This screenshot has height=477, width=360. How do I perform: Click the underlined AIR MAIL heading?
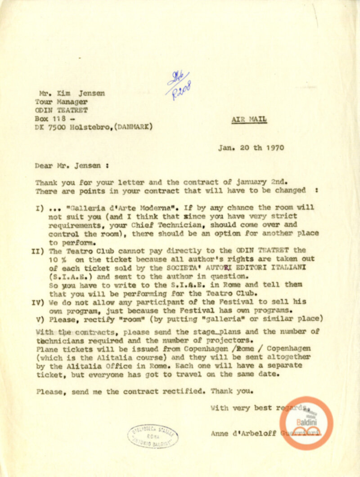tap(249, 120)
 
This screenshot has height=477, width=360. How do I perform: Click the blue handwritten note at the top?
tap(180, 85)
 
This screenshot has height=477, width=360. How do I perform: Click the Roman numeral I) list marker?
tap(39, 209)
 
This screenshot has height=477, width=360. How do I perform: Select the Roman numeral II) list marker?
tap(38, 250)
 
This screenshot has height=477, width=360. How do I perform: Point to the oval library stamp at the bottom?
tap(153, 436)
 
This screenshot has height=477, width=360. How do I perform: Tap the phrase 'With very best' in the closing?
tap(240, 408)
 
